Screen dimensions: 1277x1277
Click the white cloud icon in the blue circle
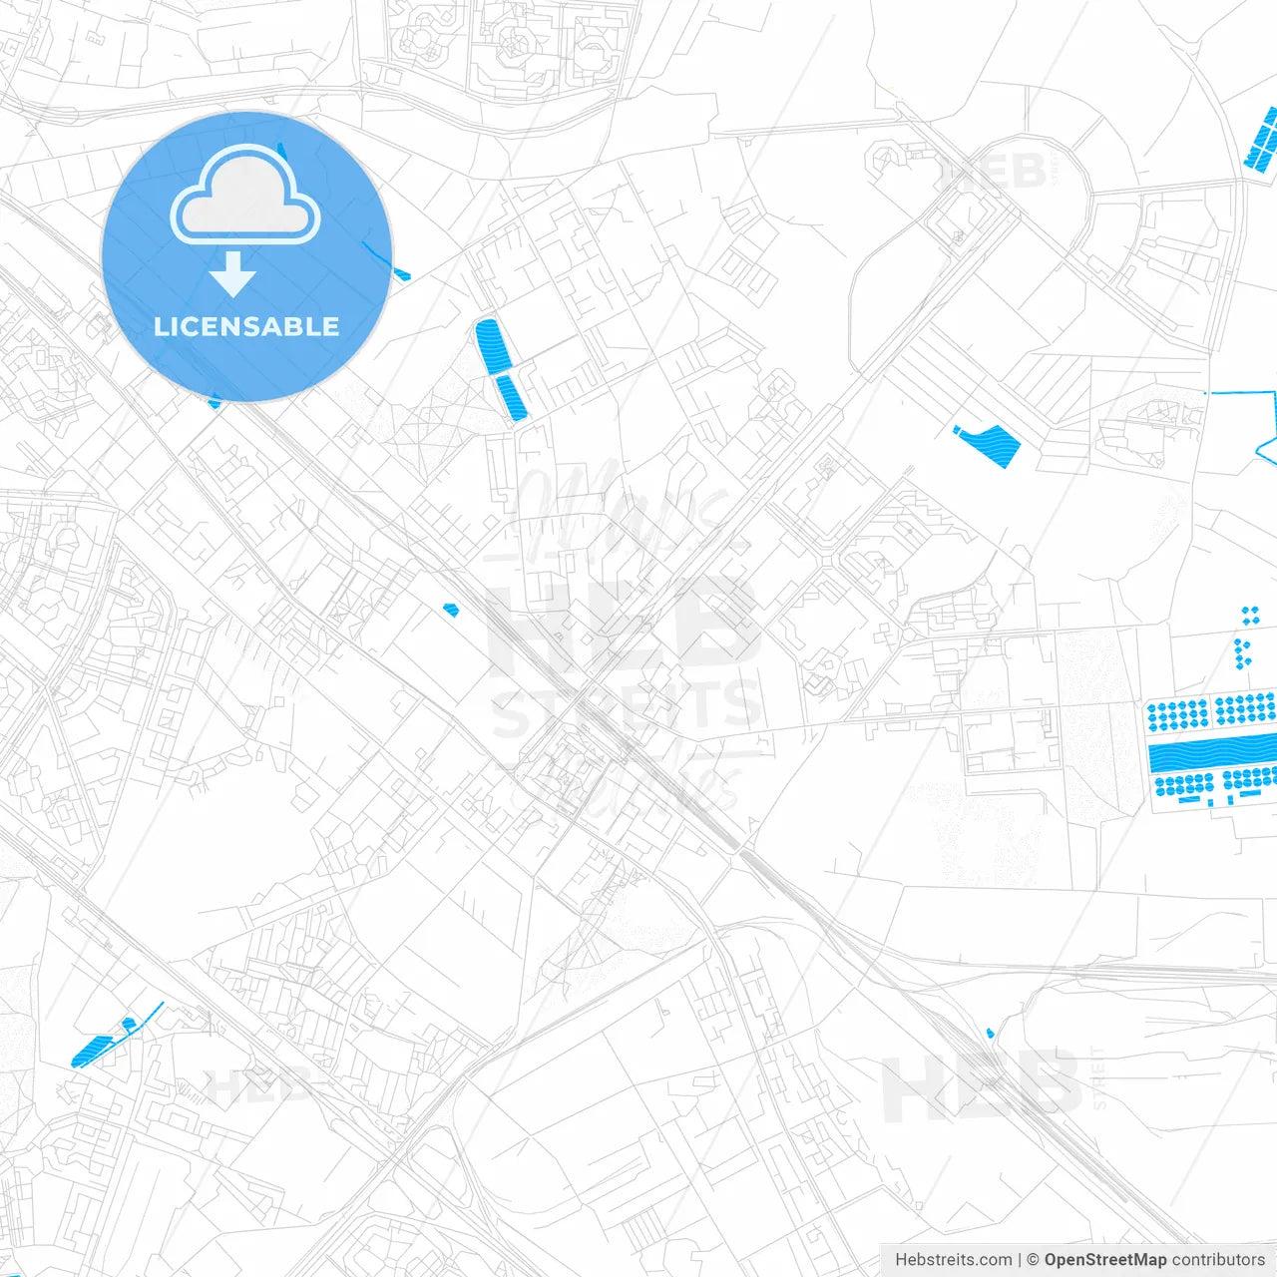[245, 198]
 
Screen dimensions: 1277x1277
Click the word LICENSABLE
[246, 326]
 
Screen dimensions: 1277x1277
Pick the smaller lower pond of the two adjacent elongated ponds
[511, 398]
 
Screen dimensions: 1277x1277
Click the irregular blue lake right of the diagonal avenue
[989, 443]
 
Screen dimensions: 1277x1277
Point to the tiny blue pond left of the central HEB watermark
[451, 609]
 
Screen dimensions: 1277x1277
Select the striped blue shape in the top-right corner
[1262, 141]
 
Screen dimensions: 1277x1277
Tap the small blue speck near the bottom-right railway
[990, 1033]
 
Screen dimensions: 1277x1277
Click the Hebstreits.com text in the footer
[953, 1260]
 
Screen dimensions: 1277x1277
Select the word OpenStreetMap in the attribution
[1104, 1260]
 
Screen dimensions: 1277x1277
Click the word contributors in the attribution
[1218, 1260]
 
